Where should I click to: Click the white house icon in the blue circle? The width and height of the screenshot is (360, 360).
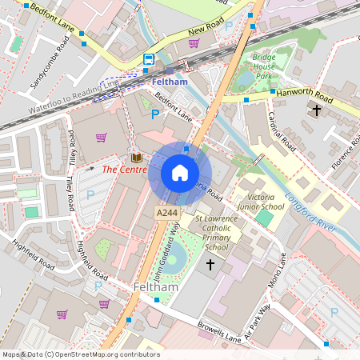click(180, 173)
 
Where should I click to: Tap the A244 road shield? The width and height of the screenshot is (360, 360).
click(166, 212)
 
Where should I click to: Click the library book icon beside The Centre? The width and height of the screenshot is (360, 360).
click(136, 158)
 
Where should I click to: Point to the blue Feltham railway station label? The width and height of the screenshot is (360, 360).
click(169, 82)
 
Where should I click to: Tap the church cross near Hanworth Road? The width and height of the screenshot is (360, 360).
click(317, 109)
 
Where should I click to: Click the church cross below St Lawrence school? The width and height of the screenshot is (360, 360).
click(211, 264)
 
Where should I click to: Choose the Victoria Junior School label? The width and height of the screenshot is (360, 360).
click(266, 202)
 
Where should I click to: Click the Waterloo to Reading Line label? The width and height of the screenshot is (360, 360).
click(71, 98)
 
